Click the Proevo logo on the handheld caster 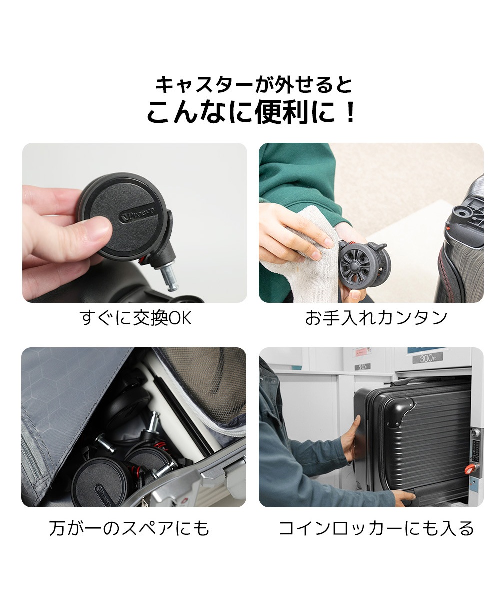coord(137,214)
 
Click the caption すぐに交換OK coord(136,318)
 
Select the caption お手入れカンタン coord(376,318)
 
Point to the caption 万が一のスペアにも coord(130,528)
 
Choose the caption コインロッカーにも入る coord(376,528)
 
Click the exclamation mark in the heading coord(350,112)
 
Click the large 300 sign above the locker coord(428,358)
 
